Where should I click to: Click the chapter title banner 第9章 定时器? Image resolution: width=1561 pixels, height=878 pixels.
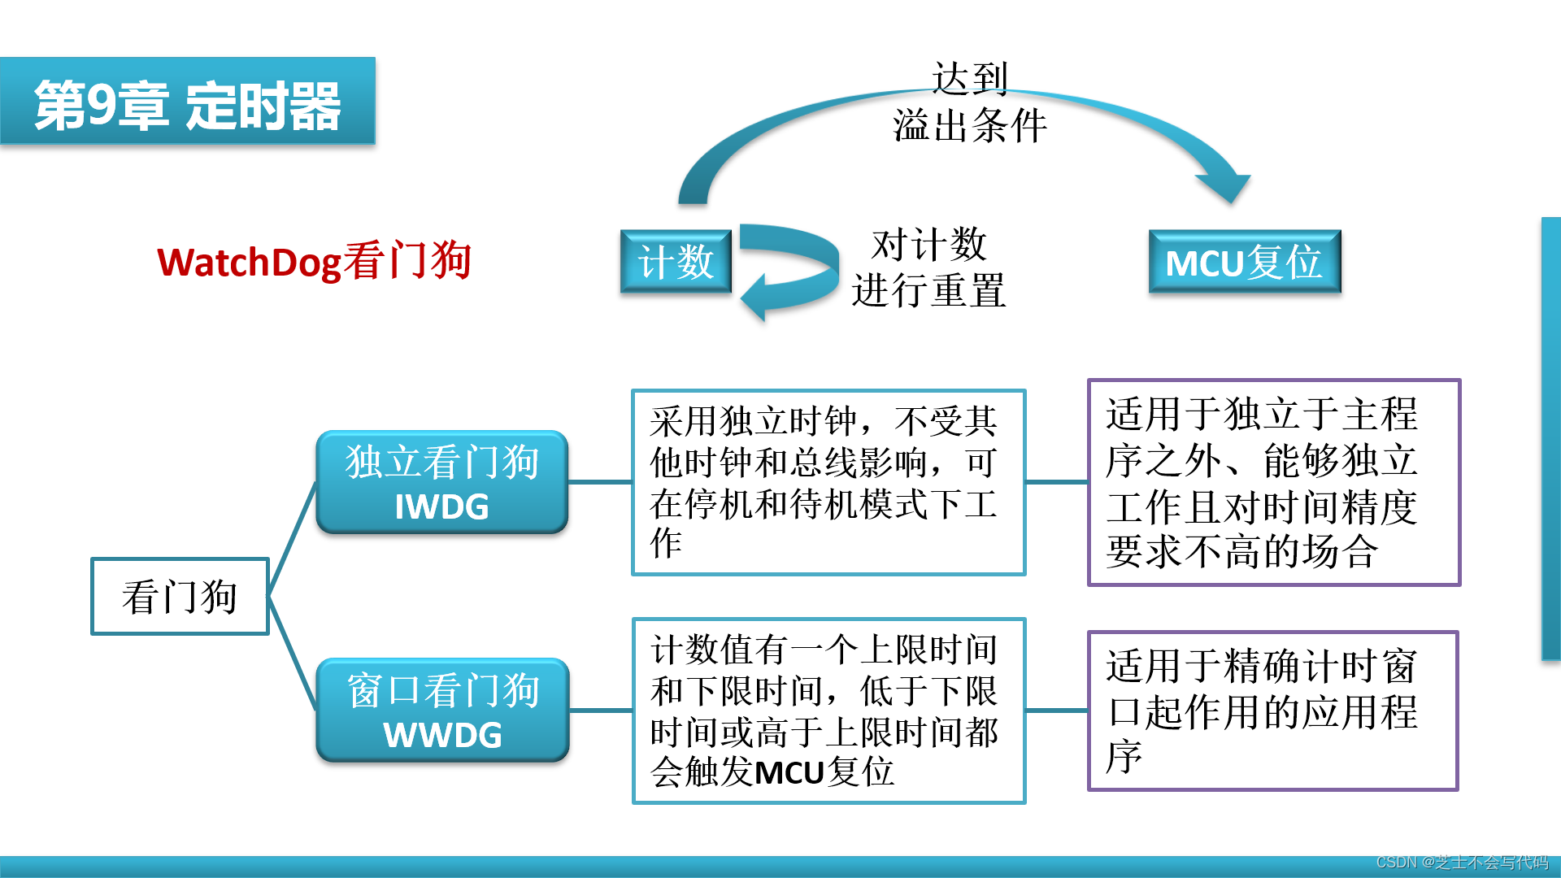click(x=187, y=102)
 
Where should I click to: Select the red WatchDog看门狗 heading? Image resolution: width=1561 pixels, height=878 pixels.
click(x=314, y=262)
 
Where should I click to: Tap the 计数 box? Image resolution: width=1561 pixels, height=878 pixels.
click(x=676, y=262)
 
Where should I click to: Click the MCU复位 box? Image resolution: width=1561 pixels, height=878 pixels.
click(x=1244, y=262)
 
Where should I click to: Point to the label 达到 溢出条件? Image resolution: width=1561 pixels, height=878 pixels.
click(x=969, y=102)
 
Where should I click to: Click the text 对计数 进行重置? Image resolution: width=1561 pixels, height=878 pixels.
click(x=928, y=267)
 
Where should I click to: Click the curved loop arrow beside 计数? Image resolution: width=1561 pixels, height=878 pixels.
click(x=793, y=268)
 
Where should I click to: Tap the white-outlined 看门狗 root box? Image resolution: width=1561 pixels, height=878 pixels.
click(x=180, y=596)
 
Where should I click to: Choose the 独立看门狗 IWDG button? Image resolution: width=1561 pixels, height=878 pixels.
click(x=441, y=481)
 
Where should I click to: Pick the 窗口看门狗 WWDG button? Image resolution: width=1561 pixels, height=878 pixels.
click(x=442, y=710)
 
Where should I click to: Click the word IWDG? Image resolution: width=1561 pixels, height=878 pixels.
click(x=441, y=507)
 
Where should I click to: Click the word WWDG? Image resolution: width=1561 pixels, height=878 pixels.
click(x=442, y=736)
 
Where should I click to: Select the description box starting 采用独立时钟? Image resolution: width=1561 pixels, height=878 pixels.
click(x=828, y=482)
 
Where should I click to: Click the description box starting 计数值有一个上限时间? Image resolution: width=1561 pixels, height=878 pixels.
click(x=828, y=711)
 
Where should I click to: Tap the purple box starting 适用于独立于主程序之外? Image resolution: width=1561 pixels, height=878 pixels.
click(x=1273, y=482)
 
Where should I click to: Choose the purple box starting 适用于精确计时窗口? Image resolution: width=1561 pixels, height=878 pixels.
click(x=1272, y=711)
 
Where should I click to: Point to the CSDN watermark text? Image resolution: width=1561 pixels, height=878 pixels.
click(x=1461, y=863)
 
